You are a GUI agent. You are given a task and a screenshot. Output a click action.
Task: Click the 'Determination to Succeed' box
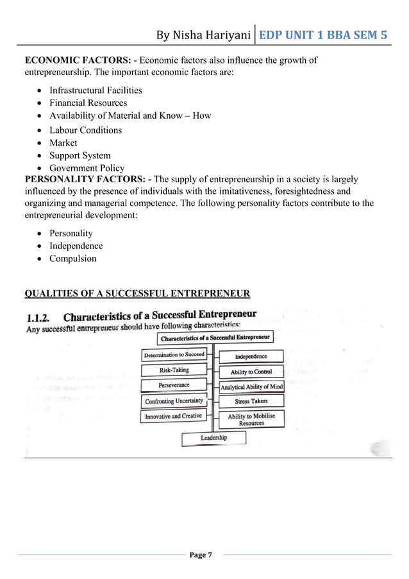click(x=174, y=354)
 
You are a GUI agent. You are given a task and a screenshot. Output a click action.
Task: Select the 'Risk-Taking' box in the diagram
click(x=174, y=370)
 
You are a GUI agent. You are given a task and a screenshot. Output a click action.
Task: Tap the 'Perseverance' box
click(x=174, y=385)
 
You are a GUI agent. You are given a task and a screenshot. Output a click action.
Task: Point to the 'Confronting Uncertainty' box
click(x=174, y=401)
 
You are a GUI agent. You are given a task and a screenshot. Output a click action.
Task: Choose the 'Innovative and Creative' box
click(x=173, y=416)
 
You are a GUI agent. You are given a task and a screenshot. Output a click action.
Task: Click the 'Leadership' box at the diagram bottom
click(x=213, y=438)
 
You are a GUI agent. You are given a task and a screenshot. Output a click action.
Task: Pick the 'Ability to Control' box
click(x=251, y=372)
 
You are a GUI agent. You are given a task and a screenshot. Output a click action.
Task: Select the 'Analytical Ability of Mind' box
click(x=251, y=387)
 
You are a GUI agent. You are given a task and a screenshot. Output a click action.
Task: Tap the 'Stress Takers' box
click(x=251, y=401)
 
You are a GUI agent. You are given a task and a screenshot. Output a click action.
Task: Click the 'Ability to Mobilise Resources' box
click(x=251, y=419)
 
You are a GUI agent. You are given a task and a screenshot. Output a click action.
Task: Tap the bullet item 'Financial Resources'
click(x=88, y=103)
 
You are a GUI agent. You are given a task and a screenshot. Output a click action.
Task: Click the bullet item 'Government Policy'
click(x=87, y=168)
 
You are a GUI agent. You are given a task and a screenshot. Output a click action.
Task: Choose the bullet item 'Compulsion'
click(x=73, y=259)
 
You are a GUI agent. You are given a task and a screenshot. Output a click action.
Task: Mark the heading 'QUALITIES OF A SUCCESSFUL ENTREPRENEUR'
click(x=137, y=294)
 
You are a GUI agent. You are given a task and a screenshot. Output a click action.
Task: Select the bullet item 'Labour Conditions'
click(x=85, y=130)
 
